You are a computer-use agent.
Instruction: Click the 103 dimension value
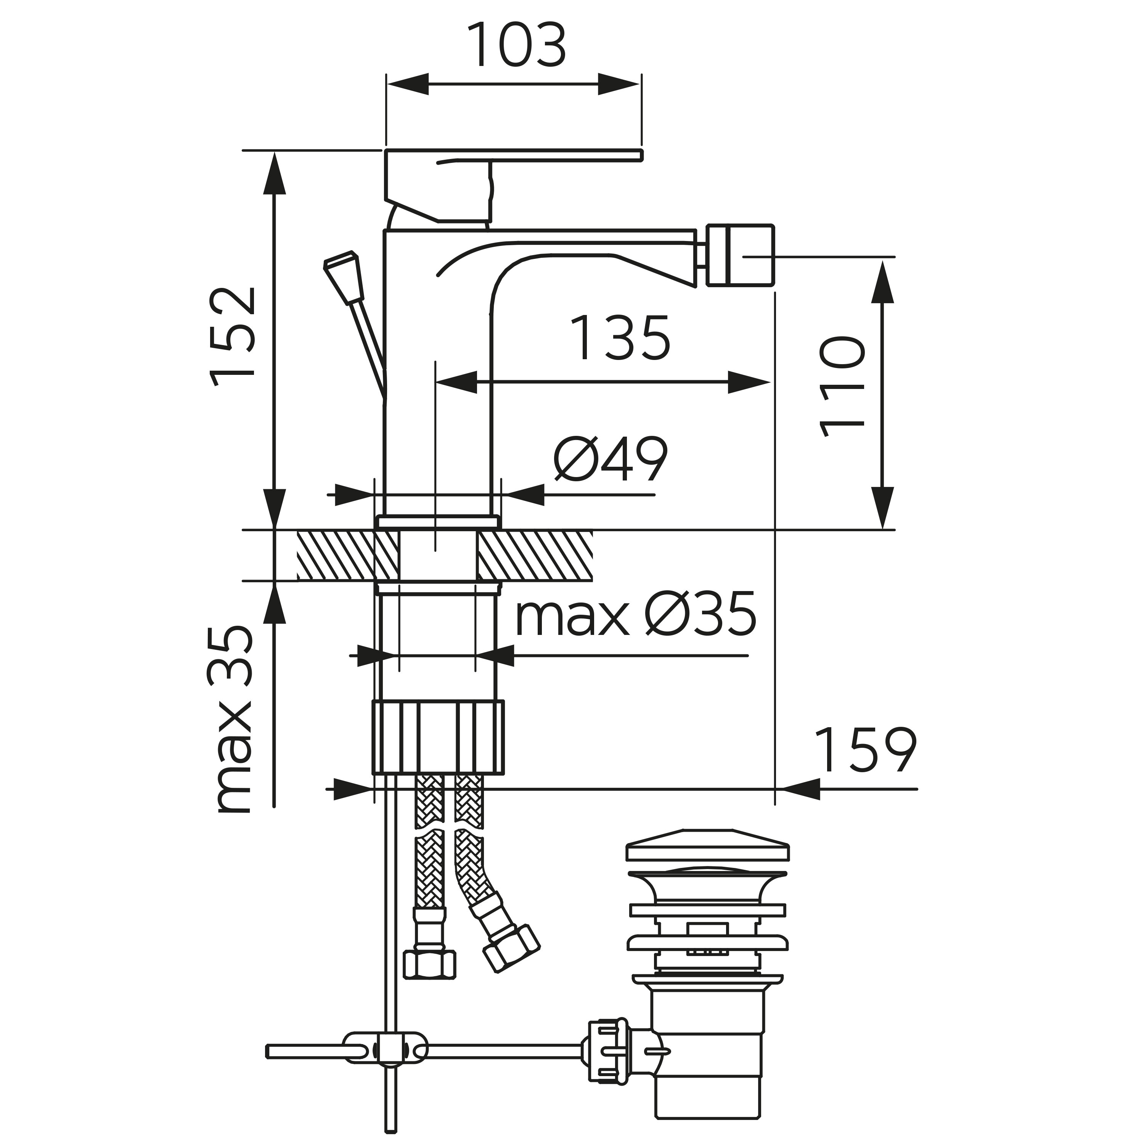pos(516,46)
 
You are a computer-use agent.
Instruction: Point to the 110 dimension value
pos(842,387)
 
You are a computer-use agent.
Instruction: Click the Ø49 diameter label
pos(611,460)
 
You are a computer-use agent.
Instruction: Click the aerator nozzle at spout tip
pos(742,256)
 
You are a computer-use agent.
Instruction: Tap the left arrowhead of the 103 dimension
pos(407,84)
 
